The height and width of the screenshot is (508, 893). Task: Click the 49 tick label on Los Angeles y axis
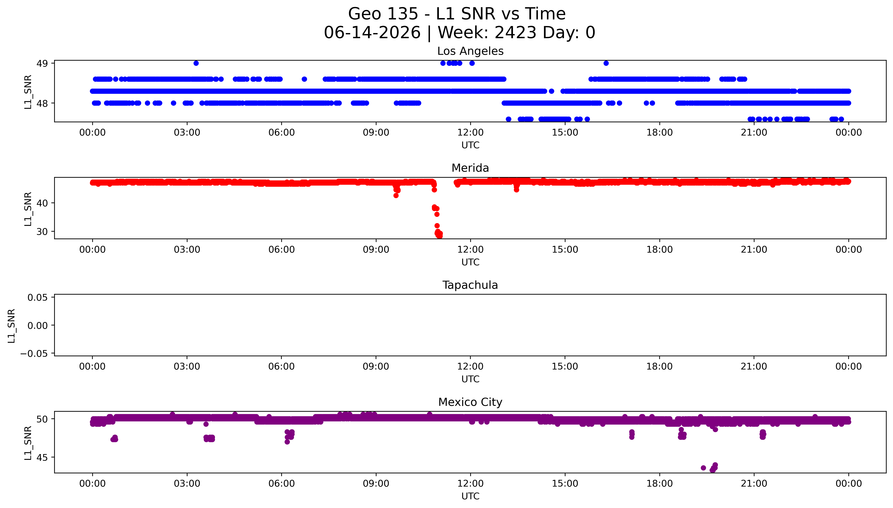pyautogui.click(x=42, y=63)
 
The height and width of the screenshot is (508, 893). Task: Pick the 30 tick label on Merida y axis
pyautogui.click(x=42, y=232)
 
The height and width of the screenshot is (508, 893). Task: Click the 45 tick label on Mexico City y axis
pyautogui.click(x=42, y=457)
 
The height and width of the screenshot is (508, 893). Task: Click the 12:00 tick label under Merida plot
pyautogui.click(x=470, y=250)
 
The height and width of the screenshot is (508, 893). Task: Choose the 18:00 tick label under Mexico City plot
pyautogui.click(x=659, y=484)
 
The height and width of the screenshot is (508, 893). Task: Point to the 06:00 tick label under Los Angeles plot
pyautogui.click(x=282, y=133)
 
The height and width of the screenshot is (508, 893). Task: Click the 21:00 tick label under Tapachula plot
pyautogui.click(x=754, y=367)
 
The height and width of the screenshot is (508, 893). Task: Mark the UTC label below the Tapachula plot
pyautogui.click(x=470, y=379)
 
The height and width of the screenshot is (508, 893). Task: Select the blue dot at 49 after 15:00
pyautogui.click(x=606, y=63)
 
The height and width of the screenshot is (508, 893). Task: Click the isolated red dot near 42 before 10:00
pyautogui.click(x=396, y=195)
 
